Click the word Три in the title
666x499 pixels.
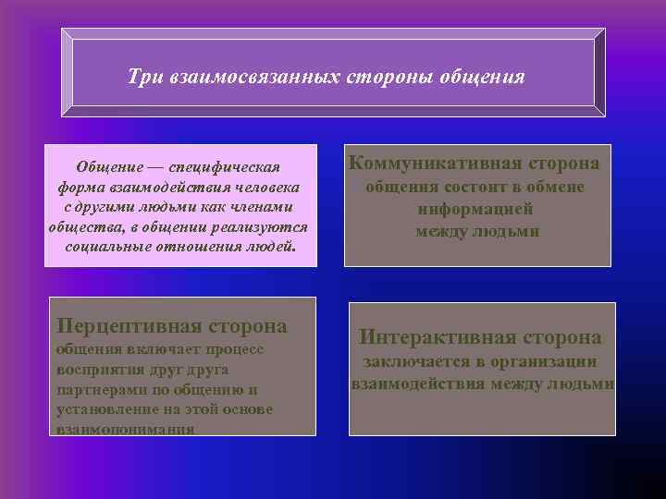click(x=146, y=77)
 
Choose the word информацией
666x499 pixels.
click(x=476, y=209)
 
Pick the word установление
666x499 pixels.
click(x=104, y=409)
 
